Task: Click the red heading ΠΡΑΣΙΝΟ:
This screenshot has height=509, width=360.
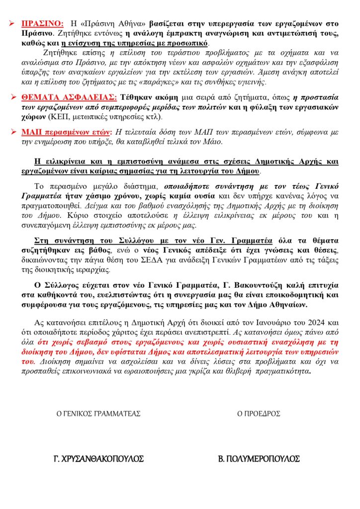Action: pyautogui.click(x=42, y=23)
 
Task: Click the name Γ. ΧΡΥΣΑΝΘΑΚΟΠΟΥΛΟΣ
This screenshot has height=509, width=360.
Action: pyautogui.click(x=98, y=458)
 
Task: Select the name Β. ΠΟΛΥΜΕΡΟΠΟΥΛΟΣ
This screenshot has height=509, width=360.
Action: pyautogui.click(x=259, y=458)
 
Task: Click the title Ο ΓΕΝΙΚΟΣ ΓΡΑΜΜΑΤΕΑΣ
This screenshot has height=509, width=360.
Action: pyautogui.click(x=98, y=414)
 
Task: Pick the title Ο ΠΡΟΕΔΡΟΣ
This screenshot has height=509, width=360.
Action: pyautogui.click(x=259, y=414)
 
